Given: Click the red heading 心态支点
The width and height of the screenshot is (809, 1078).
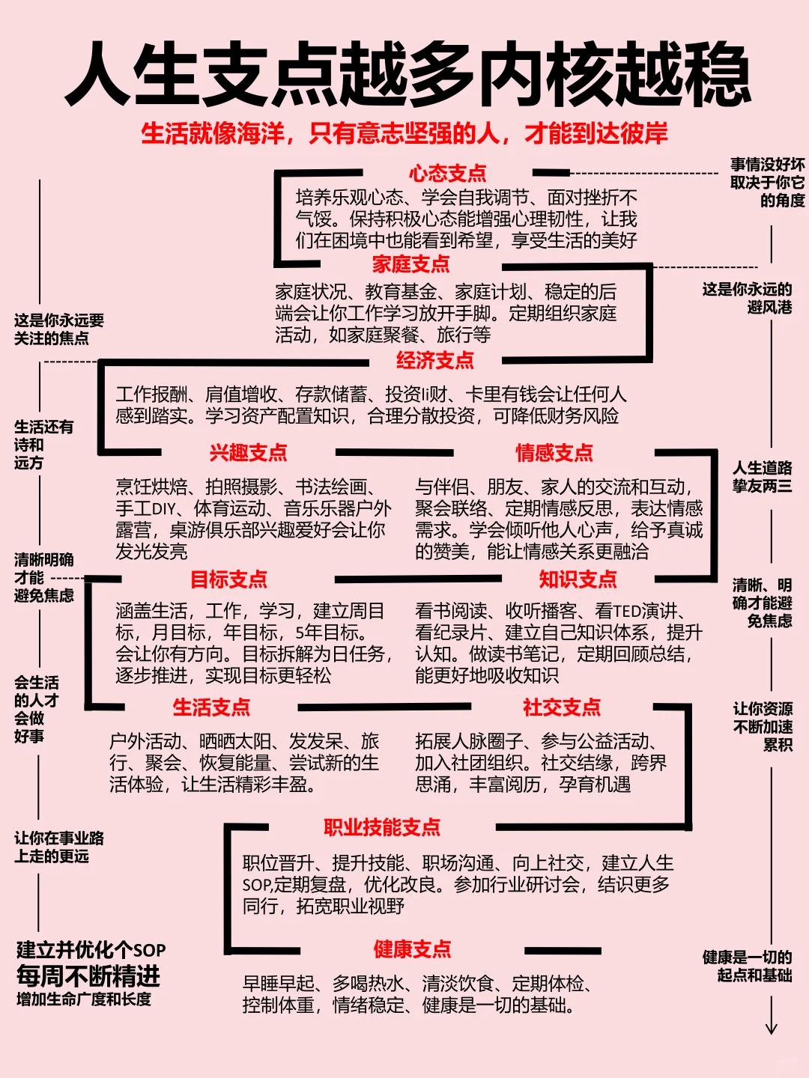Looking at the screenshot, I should point(447,174).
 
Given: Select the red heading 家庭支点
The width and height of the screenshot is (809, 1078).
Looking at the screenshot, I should point(411,264).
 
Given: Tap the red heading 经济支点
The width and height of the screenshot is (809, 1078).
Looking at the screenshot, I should point(435,361).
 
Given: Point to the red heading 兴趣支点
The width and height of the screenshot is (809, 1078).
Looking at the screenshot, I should point(249,453).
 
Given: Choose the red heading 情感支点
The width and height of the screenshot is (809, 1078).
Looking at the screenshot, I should point(554,453).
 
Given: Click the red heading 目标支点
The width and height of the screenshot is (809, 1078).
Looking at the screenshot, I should point(228,579).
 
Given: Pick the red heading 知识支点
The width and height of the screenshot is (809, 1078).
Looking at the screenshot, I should point(578,579).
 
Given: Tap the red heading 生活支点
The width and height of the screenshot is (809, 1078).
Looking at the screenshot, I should point(211,707).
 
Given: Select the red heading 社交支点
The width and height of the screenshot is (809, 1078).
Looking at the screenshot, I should point(562,707).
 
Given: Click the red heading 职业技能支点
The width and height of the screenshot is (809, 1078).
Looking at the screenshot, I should point(382,827).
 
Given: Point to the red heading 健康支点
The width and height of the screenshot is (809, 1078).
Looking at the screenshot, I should point(413,950).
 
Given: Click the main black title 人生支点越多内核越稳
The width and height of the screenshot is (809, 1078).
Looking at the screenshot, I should point(407,75).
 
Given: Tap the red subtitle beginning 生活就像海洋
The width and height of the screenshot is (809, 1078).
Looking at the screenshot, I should point(404,134).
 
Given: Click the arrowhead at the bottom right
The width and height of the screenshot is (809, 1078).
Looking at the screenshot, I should point(772,1029).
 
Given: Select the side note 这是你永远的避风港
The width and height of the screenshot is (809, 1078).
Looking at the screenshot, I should point(747,298).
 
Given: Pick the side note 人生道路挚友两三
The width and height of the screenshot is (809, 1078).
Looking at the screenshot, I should point(762,477).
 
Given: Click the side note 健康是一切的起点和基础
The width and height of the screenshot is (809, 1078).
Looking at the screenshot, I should point(747,966).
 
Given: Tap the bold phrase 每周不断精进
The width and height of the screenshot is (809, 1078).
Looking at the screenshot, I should point(88,976).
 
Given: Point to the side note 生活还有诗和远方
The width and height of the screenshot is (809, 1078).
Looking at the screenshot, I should point(43,445).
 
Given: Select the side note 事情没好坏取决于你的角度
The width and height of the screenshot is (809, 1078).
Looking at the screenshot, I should point(768,182).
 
